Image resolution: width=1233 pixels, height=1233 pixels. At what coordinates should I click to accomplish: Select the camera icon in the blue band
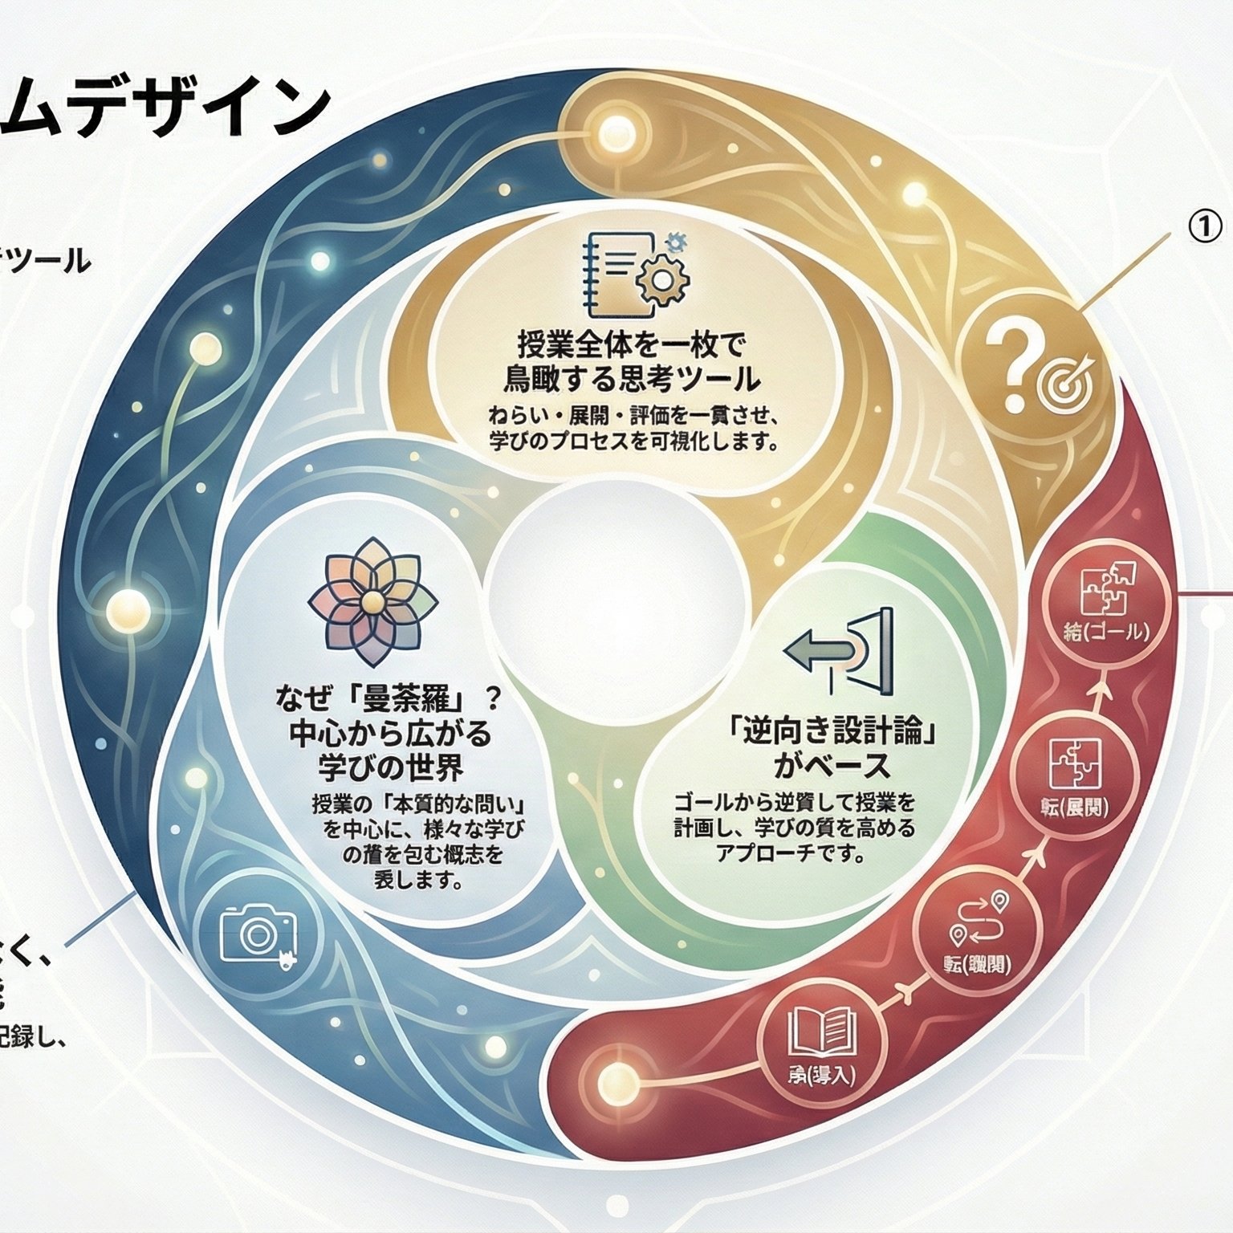[x=257, y=934]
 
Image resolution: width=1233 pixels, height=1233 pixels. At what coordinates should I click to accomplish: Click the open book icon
[x=820, y=1031]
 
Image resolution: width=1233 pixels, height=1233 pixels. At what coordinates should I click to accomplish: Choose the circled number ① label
[x=1204, y=227]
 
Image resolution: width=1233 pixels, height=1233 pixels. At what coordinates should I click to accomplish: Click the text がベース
[x=832, y=766]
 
